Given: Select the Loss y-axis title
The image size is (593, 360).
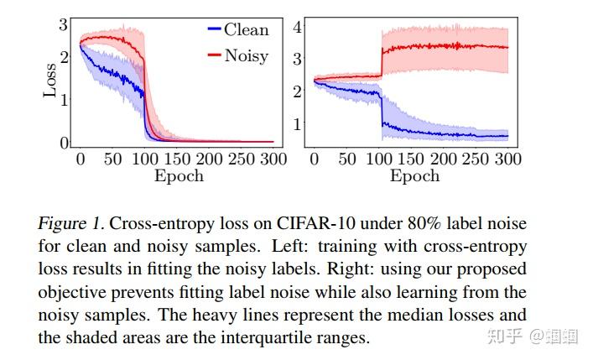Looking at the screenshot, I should tap(51, 81).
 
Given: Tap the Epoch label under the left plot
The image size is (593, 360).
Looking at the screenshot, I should tap(179, 176).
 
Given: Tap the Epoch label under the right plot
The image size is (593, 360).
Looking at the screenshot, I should tap(414, 176).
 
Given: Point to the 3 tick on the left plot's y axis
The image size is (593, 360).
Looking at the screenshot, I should tap(63, 26).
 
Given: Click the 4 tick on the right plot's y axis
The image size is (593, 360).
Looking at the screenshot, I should tap(297, 27).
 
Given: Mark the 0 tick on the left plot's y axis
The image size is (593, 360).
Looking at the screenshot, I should tap(63, 143).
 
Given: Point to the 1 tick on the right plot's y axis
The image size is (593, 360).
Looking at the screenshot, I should tap(297, 123).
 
